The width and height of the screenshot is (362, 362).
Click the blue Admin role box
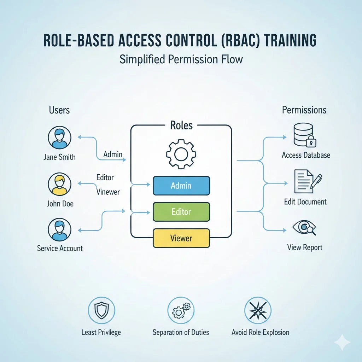click(181, 186)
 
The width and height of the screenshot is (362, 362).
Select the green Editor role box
click(181, 212)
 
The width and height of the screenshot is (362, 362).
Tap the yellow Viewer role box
click(181, 238)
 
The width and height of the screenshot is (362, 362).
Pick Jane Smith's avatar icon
click(59, 138)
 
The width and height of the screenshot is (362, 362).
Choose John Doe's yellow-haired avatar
click(59, 184)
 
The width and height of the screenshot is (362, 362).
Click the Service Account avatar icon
click(59, 230)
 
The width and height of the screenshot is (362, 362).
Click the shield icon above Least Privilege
click(101, 310)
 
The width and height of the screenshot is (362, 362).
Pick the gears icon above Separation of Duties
click(181, 310)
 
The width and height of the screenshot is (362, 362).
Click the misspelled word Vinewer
click(108, 192)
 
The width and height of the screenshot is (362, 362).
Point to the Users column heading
click(59, 110)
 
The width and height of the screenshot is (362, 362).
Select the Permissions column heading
click(304, 110)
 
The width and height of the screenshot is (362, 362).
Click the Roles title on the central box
click(181, 125)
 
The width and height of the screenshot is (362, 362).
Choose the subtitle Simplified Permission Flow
click(181, 59)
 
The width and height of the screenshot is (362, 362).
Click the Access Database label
click(306, 155)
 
